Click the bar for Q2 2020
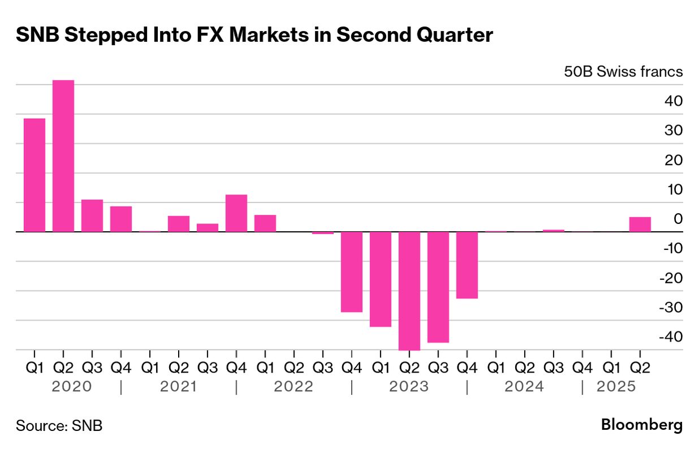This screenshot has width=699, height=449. click(63, 156)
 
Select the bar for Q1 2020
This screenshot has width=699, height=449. click(34, 175)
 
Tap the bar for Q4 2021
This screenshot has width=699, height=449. click(236, 213)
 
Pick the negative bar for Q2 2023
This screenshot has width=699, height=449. click(409, 291)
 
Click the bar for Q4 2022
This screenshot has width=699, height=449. click(352, 271)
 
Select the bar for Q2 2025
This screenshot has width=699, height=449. click(640, 225)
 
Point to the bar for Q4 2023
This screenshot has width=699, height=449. click(467, 265)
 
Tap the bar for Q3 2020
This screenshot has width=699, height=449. click(92, 215)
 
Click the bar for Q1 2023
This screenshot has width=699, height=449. click(381, 279)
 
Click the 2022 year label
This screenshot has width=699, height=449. click(294, 387)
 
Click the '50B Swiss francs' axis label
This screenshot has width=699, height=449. click(623, 72)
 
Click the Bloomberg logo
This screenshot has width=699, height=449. click(641, 425)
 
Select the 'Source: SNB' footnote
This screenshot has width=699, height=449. click(59, 426)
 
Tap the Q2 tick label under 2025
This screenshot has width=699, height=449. click(640, 368)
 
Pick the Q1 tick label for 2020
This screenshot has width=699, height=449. click(34, 368)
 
